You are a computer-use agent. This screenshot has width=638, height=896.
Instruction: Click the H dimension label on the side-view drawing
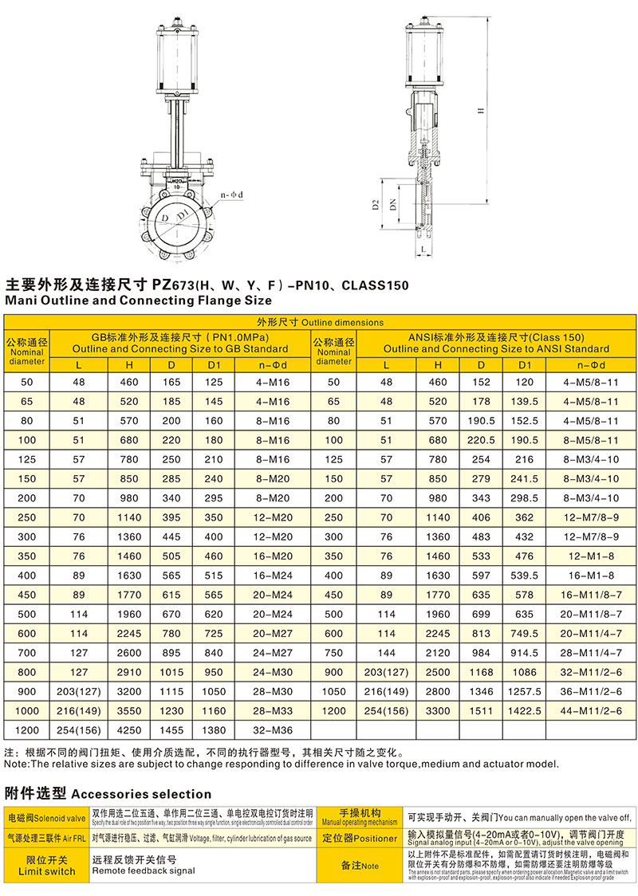point(481,111)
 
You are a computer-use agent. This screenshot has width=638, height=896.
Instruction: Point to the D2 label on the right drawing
point(375,205)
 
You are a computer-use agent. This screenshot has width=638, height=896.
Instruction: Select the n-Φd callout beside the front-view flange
point(232,195)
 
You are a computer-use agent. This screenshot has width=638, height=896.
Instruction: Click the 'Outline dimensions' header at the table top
point(319,322)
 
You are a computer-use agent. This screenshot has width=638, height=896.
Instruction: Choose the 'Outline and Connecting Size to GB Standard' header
point(180,348)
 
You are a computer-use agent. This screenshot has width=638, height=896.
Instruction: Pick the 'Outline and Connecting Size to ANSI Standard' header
point(496,348)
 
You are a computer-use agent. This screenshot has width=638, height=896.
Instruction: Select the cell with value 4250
point(129,729)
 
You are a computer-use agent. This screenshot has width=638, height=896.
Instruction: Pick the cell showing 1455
point(174,729)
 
